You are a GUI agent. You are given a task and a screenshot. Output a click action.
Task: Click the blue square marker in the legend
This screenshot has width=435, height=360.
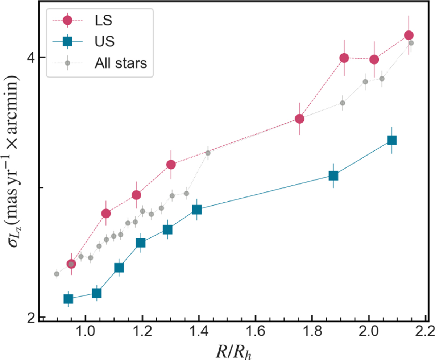(x=67, y=42)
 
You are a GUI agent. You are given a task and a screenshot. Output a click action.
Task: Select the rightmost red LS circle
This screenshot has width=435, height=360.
(x=409, y=35)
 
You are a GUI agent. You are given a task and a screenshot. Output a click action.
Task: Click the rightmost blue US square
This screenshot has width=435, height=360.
(x=391, y=140)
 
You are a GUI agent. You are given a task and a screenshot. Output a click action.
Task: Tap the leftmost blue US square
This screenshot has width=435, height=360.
(x=68, y=299)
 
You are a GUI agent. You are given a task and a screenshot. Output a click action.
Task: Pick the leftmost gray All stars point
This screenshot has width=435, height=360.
(x=57, y=274)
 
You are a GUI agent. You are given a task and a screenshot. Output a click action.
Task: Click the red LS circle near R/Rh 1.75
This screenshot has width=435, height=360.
(x=299, y=119)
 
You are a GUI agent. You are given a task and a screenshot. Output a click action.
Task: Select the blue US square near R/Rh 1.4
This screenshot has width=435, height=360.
(x=197, y=210)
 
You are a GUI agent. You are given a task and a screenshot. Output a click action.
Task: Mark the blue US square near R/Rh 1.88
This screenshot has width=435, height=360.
(x=333, y=176)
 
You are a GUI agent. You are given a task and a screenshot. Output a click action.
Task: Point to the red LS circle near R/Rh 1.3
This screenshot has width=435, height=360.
(x=171, y=165)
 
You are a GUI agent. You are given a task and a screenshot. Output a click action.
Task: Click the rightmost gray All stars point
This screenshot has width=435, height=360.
(x=411, y=43)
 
